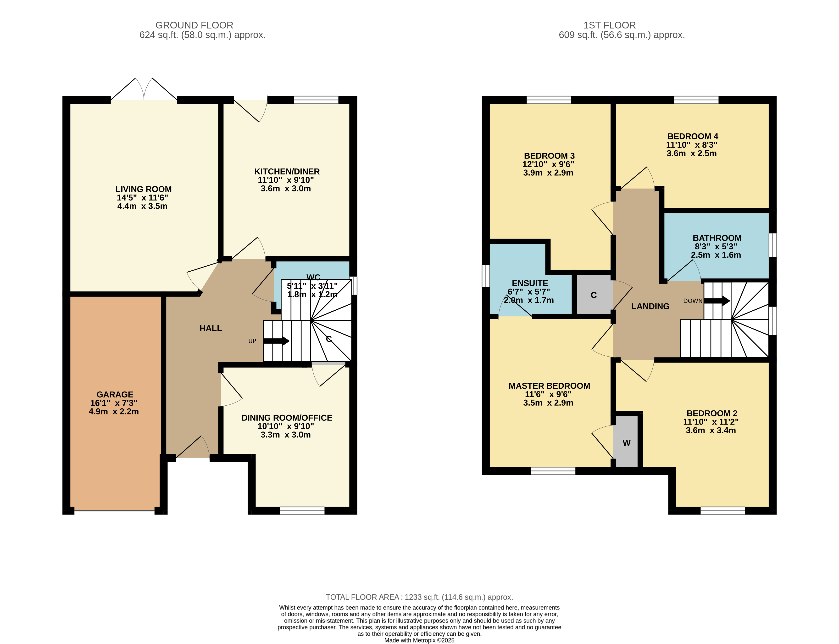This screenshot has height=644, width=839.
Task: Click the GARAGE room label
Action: [115, 394]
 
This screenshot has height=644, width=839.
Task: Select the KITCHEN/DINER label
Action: [287, 171]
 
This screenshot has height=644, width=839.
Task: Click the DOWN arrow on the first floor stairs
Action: [717, 301]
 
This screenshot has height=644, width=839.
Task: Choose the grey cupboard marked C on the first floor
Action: [594, 295]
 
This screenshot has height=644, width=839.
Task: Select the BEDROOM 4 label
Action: [693, 136]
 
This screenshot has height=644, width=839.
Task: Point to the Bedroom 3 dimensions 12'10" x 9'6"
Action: [548, 164]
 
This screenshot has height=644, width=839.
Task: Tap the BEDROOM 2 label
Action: [712, 413]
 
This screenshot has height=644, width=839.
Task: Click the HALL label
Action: [211, 328]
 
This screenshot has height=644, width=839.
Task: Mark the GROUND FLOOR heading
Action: [194, 25]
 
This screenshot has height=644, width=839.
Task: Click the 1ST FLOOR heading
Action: [610, 25]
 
